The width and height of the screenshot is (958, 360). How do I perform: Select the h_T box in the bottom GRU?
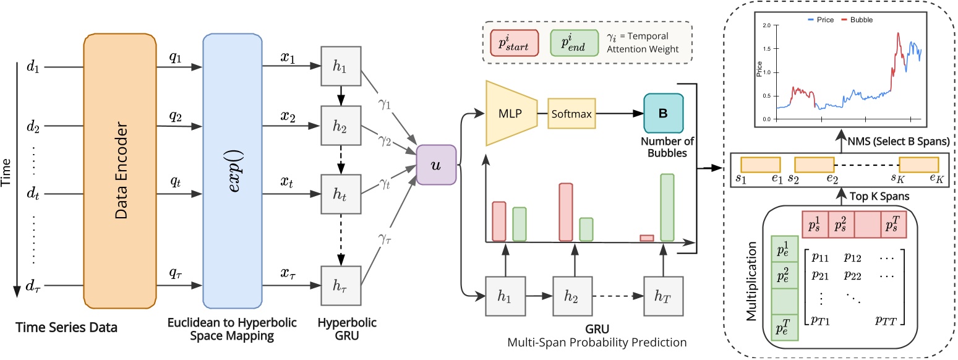pyautogui.click(x=662, y=298)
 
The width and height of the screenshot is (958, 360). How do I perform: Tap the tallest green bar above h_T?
pyautogui.click(x=667, y=207)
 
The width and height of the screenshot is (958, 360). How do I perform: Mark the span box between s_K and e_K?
pyautogui.click(x=918, y=165)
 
